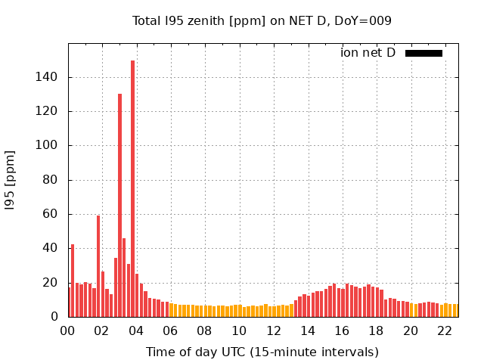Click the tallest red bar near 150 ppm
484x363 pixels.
point(132,189)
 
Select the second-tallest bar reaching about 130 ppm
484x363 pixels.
point(119,204)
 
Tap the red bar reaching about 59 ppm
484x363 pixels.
point(98,265)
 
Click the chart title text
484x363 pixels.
point(262,20)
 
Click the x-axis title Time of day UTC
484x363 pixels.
point(262,352)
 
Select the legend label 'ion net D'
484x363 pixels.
point(368,53)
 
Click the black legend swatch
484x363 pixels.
point(423,53)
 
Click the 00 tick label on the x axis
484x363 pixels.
point(68,330)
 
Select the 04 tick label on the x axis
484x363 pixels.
point(137,330)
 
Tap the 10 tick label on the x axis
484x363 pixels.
point(240,330)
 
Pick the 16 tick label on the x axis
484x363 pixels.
point(343,330)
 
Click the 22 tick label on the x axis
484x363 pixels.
point(445,330)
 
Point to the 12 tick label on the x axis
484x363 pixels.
point(274,330)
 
